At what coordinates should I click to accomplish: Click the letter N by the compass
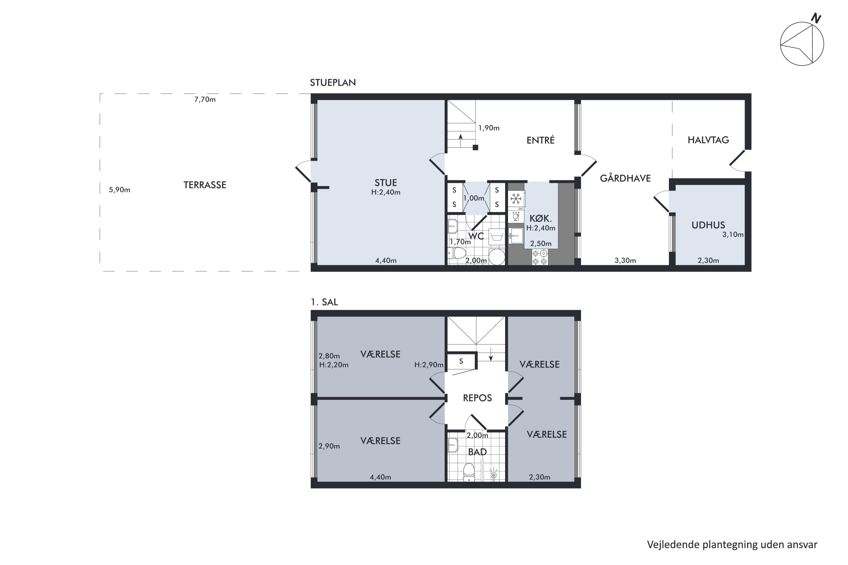816,18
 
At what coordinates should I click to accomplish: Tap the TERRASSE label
205,185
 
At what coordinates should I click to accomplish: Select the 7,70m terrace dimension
205,99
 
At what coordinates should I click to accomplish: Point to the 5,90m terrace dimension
119,190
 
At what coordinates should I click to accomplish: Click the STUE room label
386,183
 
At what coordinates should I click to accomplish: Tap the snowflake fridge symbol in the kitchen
516,199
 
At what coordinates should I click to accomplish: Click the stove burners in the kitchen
540,257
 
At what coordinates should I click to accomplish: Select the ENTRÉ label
540,140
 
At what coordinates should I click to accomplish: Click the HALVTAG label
708,140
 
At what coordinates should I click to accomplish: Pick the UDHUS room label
708,225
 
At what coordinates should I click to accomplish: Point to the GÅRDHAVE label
625,178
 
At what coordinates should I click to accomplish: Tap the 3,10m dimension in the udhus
733,234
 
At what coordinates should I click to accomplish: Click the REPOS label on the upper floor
477,398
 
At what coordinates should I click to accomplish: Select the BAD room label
477,452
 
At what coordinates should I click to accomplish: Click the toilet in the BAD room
469,472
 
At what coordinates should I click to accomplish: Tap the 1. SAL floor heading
324,302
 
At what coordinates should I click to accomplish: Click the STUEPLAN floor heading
333,82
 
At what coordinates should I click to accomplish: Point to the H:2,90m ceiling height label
429,365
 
